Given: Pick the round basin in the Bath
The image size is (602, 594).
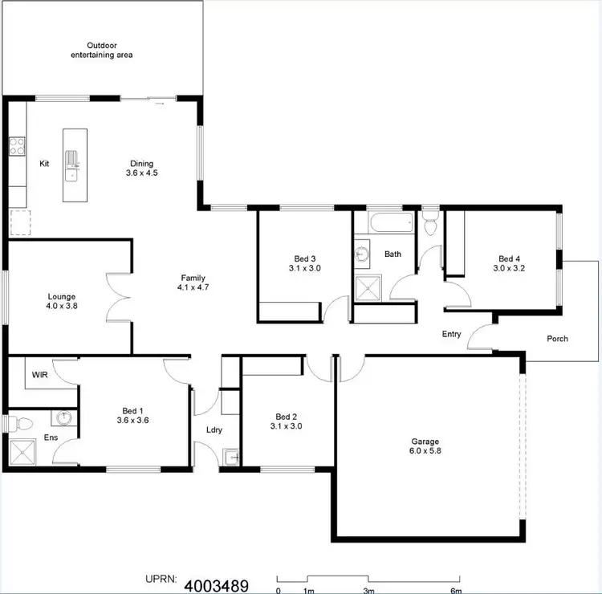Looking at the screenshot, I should (363, 254).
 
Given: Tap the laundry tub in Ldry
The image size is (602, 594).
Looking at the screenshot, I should (232, 458).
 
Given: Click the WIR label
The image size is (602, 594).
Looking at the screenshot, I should (39, 375).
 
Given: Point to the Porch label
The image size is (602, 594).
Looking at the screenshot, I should (557, 339).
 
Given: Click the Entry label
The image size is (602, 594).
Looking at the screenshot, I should (451, 334).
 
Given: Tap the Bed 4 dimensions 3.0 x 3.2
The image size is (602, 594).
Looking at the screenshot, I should (508, 269).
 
